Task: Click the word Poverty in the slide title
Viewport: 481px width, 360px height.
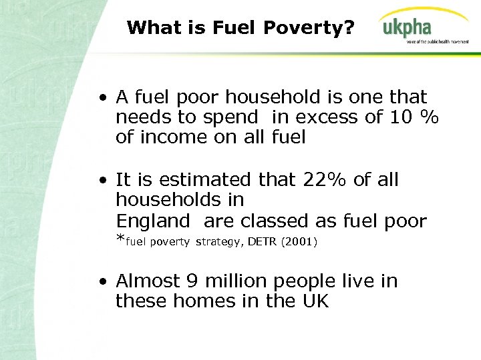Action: [x=305, y=28]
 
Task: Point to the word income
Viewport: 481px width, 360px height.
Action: [x=165, y=137]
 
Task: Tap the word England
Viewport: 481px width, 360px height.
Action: [x=153, y=221]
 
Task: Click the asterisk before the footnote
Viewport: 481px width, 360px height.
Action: [x=120, y=241]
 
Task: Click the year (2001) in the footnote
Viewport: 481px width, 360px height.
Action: [x=299, y=241]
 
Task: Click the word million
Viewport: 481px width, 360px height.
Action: [x=234, y=281]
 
